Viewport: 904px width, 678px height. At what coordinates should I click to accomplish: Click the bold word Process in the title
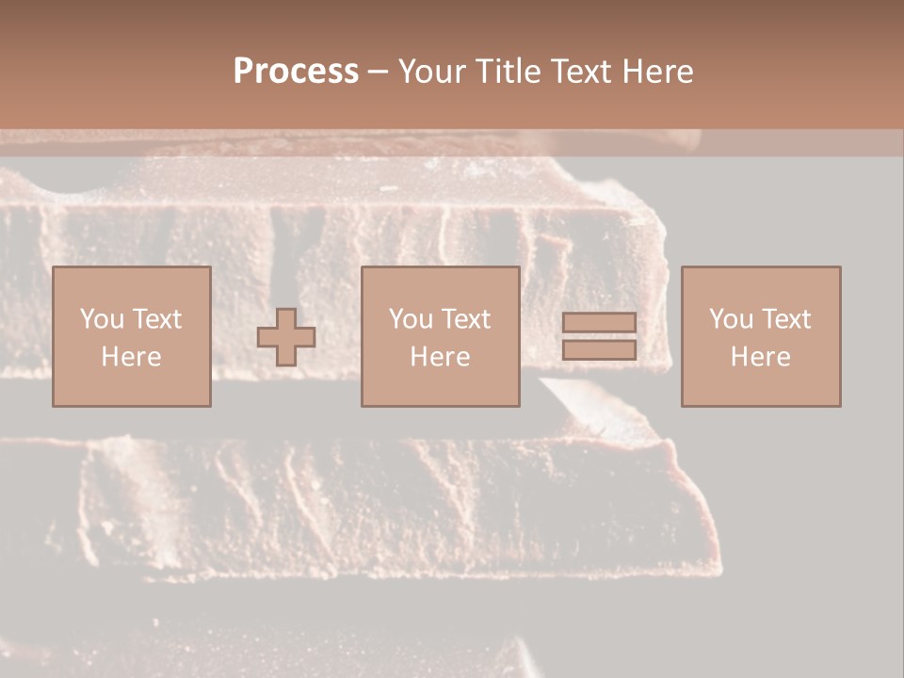pyautogui.click(x=296, y=72)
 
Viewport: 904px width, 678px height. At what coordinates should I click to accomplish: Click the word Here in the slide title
pyautogui.click(x=659, y=72)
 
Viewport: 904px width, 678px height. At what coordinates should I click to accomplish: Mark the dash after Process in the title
pyautogui.click(x=378, y=73)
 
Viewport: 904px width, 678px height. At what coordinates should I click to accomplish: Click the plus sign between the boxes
pyautogui.click(x=286, y=336)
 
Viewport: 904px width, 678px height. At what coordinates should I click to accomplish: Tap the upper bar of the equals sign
pyautogui.click(x=599, y=323)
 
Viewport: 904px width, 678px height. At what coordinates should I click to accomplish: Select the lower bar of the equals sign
pyautogui.click(x=599, y=349)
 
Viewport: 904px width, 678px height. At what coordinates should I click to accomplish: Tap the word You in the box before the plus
pyautogui.click(x=100, y=319)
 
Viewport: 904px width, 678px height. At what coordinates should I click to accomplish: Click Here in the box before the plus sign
pyautogui.click(x=131, y=357)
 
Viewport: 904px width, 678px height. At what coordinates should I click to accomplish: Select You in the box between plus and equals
pyautogui.click(x=410, y=319)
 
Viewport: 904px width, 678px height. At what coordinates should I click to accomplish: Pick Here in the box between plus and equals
pyautogui.click(x=440, y=357)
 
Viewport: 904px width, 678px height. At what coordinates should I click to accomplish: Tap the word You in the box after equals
pyautogui.click(x=730, y=319)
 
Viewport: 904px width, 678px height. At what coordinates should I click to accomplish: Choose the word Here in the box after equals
pyautogui.click(x=760, y=357)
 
